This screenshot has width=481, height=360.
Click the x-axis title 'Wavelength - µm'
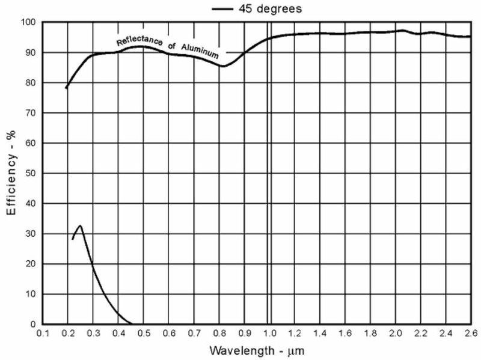coord(252,349)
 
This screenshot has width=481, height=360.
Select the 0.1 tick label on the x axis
coord(42,332)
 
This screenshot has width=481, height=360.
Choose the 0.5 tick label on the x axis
coord(143,332)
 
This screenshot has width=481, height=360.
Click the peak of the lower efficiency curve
coord(80,225)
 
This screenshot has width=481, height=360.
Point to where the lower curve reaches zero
coord(131,323)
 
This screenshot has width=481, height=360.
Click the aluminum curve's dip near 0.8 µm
coord(222,66)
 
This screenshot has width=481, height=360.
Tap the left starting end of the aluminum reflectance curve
coord(66,88)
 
